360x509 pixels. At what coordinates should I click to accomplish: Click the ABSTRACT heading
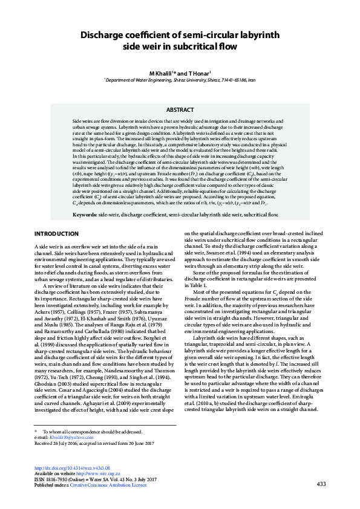[x=180, y=110]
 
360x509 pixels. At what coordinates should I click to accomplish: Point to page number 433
[x=321, y=484]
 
